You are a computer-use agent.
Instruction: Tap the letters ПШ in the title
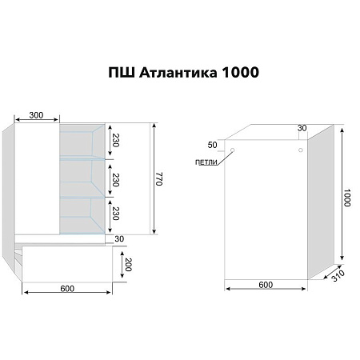121,73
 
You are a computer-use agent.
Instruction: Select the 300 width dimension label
37,115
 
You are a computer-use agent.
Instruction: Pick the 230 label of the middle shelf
116,178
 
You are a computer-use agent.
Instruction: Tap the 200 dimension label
128,265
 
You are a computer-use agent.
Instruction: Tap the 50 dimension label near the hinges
211,144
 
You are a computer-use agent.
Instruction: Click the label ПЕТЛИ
205,162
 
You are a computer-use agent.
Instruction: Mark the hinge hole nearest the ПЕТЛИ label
232,150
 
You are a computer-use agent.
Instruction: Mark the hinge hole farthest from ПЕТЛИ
300,150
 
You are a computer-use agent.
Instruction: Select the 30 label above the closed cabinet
302,129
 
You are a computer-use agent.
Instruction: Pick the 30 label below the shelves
119,238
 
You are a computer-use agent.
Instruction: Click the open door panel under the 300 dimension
38,176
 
